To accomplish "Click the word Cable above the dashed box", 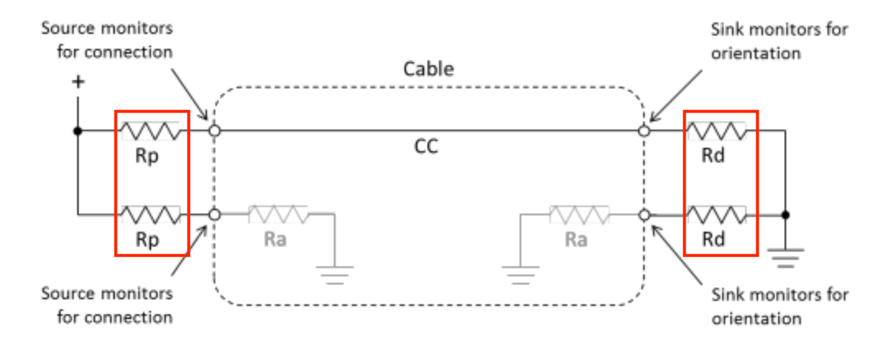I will tap(428, 69).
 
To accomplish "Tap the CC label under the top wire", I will tap(426, 148).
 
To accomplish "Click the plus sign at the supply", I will tap(78, 82).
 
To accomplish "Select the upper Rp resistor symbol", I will tap(150, 131).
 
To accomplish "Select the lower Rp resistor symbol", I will tap(150, 215).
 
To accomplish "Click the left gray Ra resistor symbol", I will tap(278, 215).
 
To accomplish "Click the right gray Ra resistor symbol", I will tap(579, 215).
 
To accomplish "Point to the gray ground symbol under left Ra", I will tap(335, 273).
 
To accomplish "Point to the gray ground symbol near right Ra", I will tap(520, 273).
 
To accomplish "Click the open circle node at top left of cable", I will tap(214, 131).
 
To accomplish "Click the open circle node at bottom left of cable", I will tap(214, 215).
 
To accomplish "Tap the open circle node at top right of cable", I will tap(644, 131).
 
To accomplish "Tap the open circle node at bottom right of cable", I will tap(644, 215).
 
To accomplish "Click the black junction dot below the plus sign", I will tap(78, 131).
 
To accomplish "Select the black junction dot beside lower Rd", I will tap(785, 215).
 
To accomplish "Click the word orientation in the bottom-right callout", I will tap(756, 319).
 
